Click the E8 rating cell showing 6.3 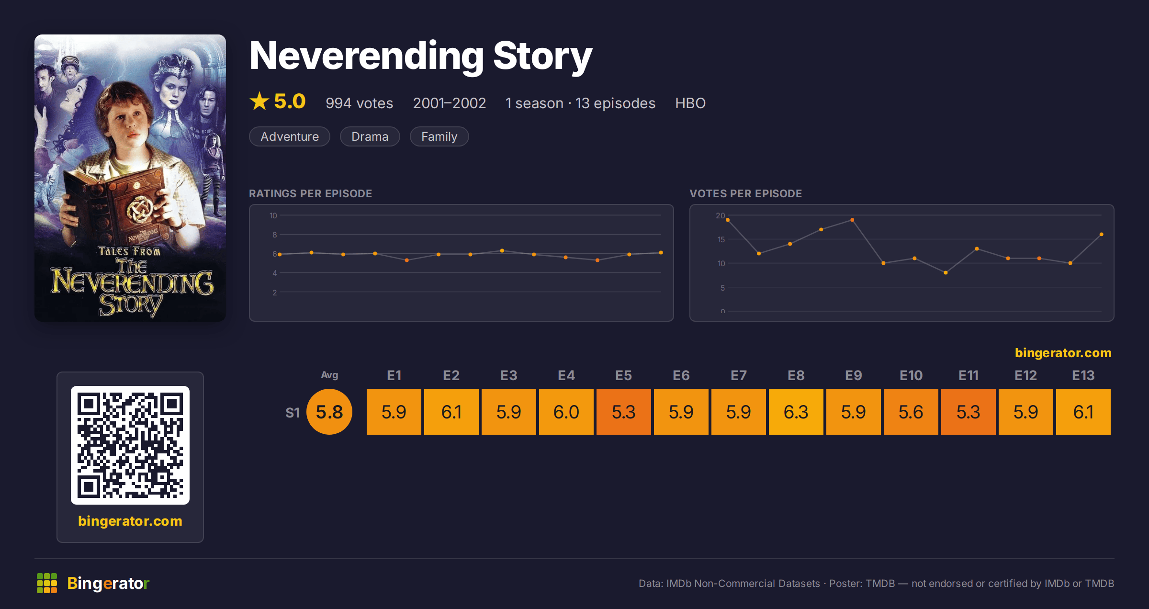pyautogui.click(x=796, y=412)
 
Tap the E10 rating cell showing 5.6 pyautogui.click(x=911, y=412)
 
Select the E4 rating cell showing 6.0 pyautogui.click(x=566, y=412)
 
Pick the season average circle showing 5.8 pyautogui.click(x=329, y=412)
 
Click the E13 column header pyautogui.click(x=1083, y=375)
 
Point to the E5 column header pyautogui.click(x=623, y=375)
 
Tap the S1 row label pyautogui.click(x=293, y=413)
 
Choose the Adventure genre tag pyautogui.click(x=290, y=136)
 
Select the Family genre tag pyautogui.click(x=439, y=136)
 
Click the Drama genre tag pyautogui.click(x=370, y=136)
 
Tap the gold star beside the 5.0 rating pyautogui.click(x=259, y=101)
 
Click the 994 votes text pyautogui.click(x=359, y=103)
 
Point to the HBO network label pyautogui.click(x=690, y=103)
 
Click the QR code pyautogui.click(x=130, y=445)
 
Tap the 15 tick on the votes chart pyautogui.click(x=721, y=239)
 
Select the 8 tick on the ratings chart pyautogui.click(x=275, y=235)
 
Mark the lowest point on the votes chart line pyautogui.click(x=946, y=273)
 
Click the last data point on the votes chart pyautogui.click(x=1102, y=235)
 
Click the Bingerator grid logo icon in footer pyautogui.click(x=47, y=583)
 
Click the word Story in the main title pyautogui.click(x=542, y=56)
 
